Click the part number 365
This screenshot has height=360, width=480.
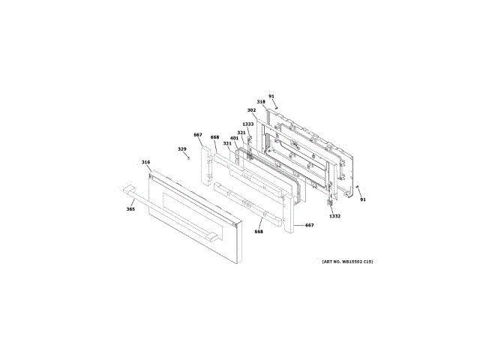[x=130, y=209]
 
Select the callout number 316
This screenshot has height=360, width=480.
[x=145, y=162]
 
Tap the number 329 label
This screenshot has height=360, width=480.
[x=181, y=148]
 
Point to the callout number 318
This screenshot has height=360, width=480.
[x=261, y=102]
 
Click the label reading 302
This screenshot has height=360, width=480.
[x=251, y=110]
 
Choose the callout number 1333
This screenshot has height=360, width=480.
[x=247, y=124]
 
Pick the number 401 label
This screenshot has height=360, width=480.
[x=234, y=138]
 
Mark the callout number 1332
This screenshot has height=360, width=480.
[x=334, y=216]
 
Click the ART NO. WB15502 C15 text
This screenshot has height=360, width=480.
[x=347, y=261]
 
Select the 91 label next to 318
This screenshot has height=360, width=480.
[x=271, y=96]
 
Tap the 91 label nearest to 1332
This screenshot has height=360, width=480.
[x=363, y=199]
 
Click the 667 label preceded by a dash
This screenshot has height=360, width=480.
[x=308, y=225]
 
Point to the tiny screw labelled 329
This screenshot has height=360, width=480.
[x=189, y=157]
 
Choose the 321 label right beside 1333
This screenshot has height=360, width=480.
[x=241, y=133]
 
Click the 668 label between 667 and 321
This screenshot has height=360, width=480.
[x=214, y=137]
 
